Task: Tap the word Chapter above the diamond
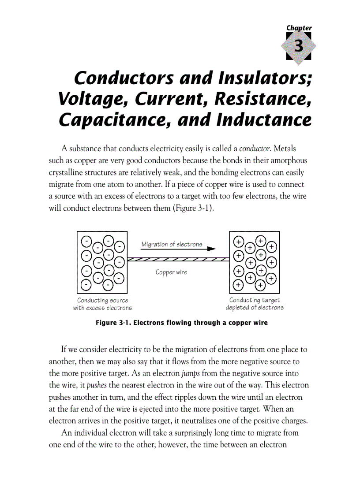[299, 28]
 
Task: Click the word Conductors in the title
[122, 78]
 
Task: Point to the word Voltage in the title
[89, 99]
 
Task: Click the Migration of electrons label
[172, 244]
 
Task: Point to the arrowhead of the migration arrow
[212, 249]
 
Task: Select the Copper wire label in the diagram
[171, 272]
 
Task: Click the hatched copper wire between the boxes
[178, 259]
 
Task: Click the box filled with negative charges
[102, 262]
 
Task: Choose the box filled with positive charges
[254, 262]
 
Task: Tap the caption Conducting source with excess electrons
[102, 304]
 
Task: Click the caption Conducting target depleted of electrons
[255, 304]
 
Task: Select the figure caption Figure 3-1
[182, 323]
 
